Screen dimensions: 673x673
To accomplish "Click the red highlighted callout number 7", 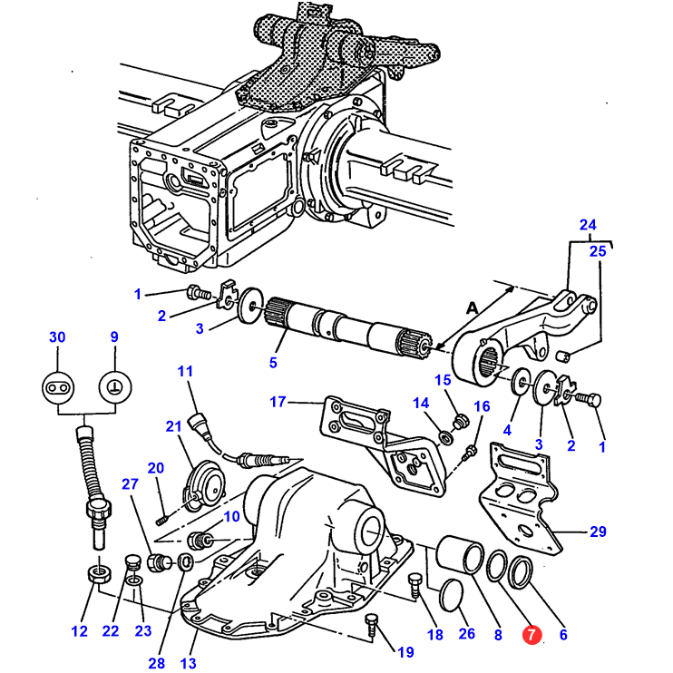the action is click(532, 634).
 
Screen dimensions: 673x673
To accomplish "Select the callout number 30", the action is click(57, 336).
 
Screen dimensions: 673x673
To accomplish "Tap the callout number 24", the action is click(588, 224).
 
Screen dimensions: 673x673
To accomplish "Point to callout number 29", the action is click(598, 532).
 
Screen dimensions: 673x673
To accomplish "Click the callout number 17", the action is click(278, 402).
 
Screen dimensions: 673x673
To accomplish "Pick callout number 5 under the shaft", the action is click(273, 363).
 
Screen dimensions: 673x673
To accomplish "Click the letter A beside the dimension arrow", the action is click(472, 307).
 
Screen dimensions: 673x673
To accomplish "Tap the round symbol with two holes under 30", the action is click(58, 387).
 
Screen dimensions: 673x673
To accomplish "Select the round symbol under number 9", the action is click(115, 387).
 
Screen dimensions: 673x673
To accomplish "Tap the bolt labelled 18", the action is click(415, 585).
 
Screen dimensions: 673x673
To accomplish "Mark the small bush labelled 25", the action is click(563, 356).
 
